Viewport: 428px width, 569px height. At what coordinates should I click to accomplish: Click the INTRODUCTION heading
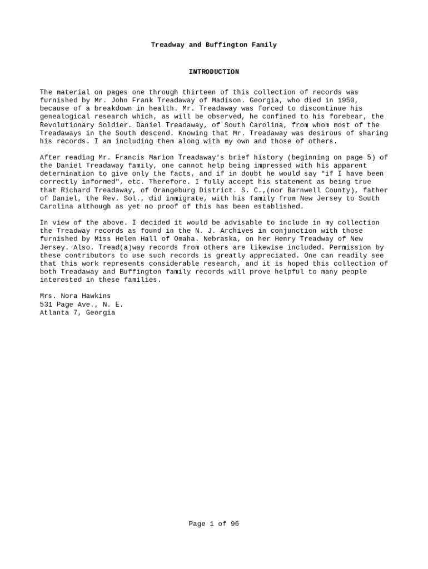[213, 72]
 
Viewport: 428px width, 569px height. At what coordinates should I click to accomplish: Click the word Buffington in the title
[226, 45]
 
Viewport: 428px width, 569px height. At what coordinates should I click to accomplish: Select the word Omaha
[180, 239]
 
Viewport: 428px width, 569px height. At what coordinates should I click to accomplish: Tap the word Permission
[354, 247]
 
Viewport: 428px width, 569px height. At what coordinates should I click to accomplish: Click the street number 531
[46, 305]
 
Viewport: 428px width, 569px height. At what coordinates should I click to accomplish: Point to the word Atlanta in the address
[52, 313]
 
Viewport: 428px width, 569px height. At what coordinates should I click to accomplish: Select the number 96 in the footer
[235, 524]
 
